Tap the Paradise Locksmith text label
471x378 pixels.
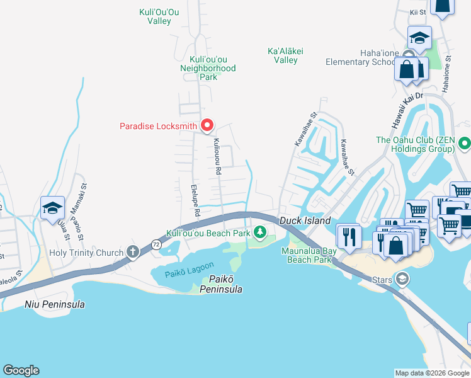[159, 126]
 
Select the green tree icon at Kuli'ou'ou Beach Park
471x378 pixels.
[259, 233]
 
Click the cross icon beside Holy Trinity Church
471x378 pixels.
[132, 253]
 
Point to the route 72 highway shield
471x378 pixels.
[156, 243]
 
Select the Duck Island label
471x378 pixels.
[305, 221]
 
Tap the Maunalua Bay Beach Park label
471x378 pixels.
[309, 255]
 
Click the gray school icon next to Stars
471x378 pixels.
[401, 279]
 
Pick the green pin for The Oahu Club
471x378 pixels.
[465, 144]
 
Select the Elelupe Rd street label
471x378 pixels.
[195, 200]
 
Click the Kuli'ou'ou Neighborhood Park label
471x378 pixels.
[208, 68]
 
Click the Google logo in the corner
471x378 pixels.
[21, 370]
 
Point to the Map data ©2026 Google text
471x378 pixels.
[431, 373]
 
